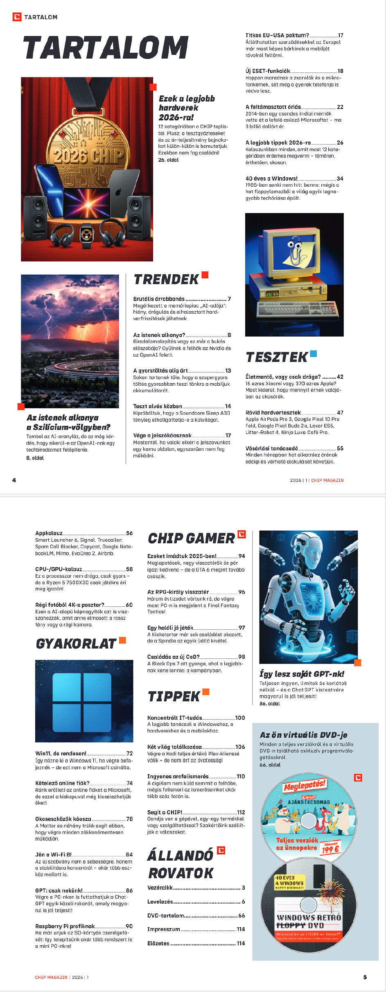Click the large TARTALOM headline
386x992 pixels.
click(x=106, y=48)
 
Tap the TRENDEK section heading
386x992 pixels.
click(x=166, y=280)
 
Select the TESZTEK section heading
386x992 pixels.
click(x=277, y=357)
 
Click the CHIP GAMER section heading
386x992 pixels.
click(x=191, y=538)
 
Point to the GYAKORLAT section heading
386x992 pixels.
click(x=76, y=644)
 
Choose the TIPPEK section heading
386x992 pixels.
click(x=174, y=696)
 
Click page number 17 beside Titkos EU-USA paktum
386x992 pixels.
click(x=341, y=36)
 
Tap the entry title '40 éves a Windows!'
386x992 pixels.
click(x=271, y=179)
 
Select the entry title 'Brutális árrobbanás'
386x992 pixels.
click(x=159, y=299)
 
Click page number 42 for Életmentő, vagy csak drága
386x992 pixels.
click(x=340, y=377)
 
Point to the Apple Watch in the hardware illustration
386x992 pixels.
click(x=87, y=236)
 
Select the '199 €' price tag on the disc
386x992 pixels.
click(x=330, y=850)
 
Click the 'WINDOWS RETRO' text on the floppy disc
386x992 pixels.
click(x=309, y=917)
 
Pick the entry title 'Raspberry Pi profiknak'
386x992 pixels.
click(x=65, y=926)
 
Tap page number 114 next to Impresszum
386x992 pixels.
click(x=241, y=929)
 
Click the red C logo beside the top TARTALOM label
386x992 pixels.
click(x=17, y=17)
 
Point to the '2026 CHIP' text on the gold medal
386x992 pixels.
click(x=88, y=156)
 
